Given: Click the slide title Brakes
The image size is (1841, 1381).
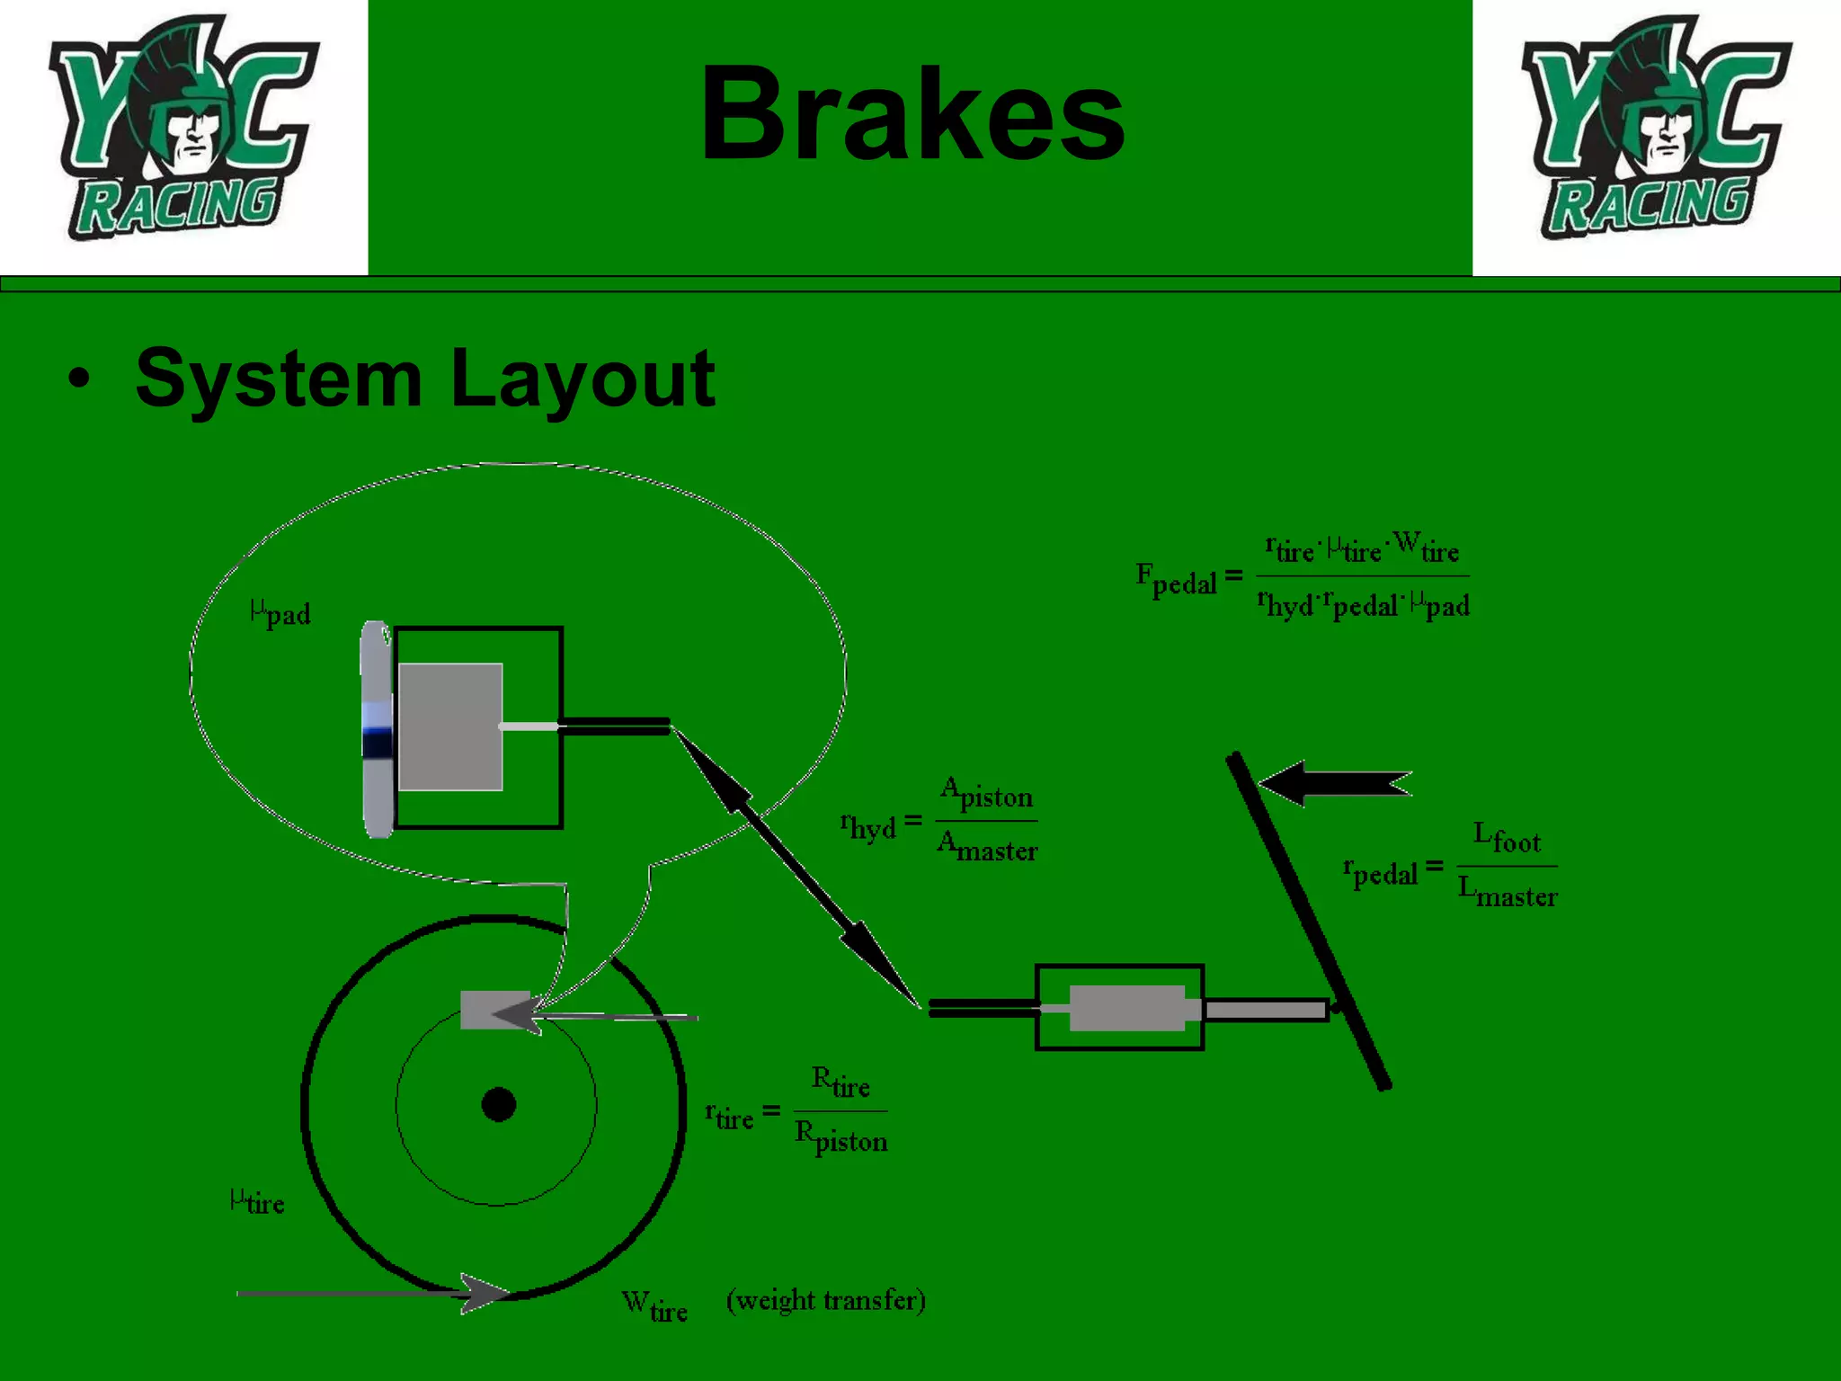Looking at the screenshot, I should (x=912, y=115).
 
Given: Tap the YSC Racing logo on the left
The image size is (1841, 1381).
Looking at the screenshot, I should (x=183, y=130).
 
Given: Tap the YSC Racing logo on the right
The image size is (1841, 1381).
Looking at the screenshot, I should (x=1656, y=130).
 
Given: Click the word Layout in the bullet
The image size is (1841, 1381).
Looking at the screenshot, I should (x=583, y=379).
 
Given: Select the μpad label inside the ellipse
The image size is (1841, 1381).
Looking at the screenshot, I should (x=280, y=613).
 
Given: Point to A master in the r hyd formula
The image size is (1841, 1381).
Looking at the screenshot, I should (x=987, y=847).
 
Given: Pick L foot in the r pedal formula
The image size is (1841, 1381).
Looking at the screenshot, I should (x=1507, y=838).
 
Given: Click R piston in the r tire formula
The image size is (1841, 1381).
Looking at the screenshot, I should (x=840, y=1137).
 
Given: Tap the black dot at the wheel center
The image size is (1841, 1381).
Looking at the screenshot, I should (x=499, y=1104).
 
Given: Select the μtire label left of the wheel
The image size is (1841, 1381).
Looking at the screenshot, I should (x=257, y=1202).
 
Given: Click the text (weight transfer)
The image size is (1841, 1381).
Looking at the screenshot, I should (x=825, y=1300).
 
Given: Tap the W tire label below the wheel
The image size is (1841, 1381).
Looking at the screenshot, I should (x=654, y=1306).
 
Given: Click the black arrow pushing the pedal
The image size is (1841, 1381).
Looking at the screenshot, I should (x=1334, y=784).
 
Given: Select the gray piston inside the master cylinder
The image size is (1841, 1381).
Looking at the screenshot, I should (x=1127, y=1008).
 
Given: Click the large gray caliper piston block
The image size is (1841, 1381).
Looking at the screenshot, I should (x=450, y=726).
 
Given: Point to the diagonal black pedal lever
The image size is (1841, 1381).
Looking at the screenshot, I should (x=1309, y=922).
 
